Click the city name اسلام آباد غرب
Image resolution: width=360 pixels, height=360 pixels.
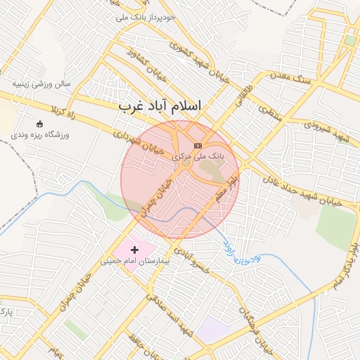tap(159, 105)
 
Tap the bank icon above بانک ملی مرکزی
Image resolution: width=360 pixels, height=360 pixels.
tap(196, 145)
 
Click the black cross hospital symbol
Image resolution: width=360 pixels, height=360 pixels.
tap(134, 250)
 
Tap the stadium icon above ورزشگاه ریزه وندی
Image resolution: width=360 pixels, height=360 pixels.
tap(39, 124)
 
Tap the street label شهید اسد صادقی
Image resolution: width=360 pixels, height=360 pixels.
tap(167, 314)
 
